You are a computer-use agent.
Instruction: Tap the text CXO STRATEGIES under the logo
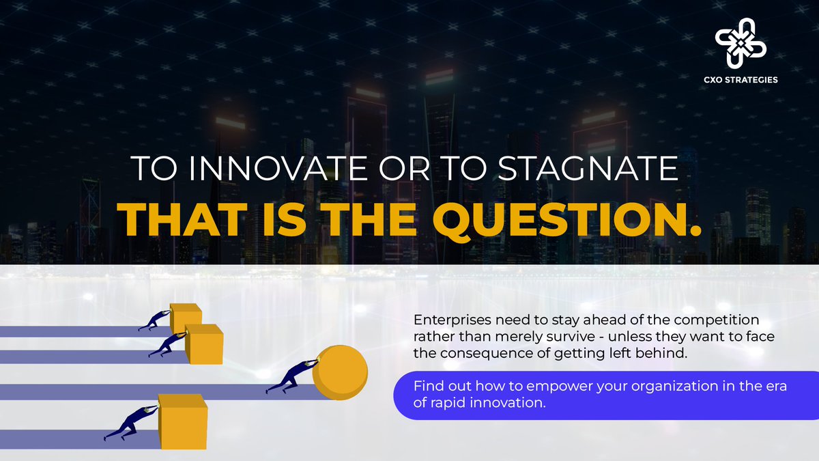pyautogui.click(x=741, y=80)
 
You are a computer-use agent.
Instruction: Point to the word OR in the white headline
pyautogui.click(x=398, y=169)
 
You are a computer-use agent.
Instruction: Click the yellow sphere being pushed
pyautogui.click(x=340, y=373)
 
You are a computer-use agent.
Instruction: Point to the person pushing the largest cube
pyautogui.click(x=130, y=423)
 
